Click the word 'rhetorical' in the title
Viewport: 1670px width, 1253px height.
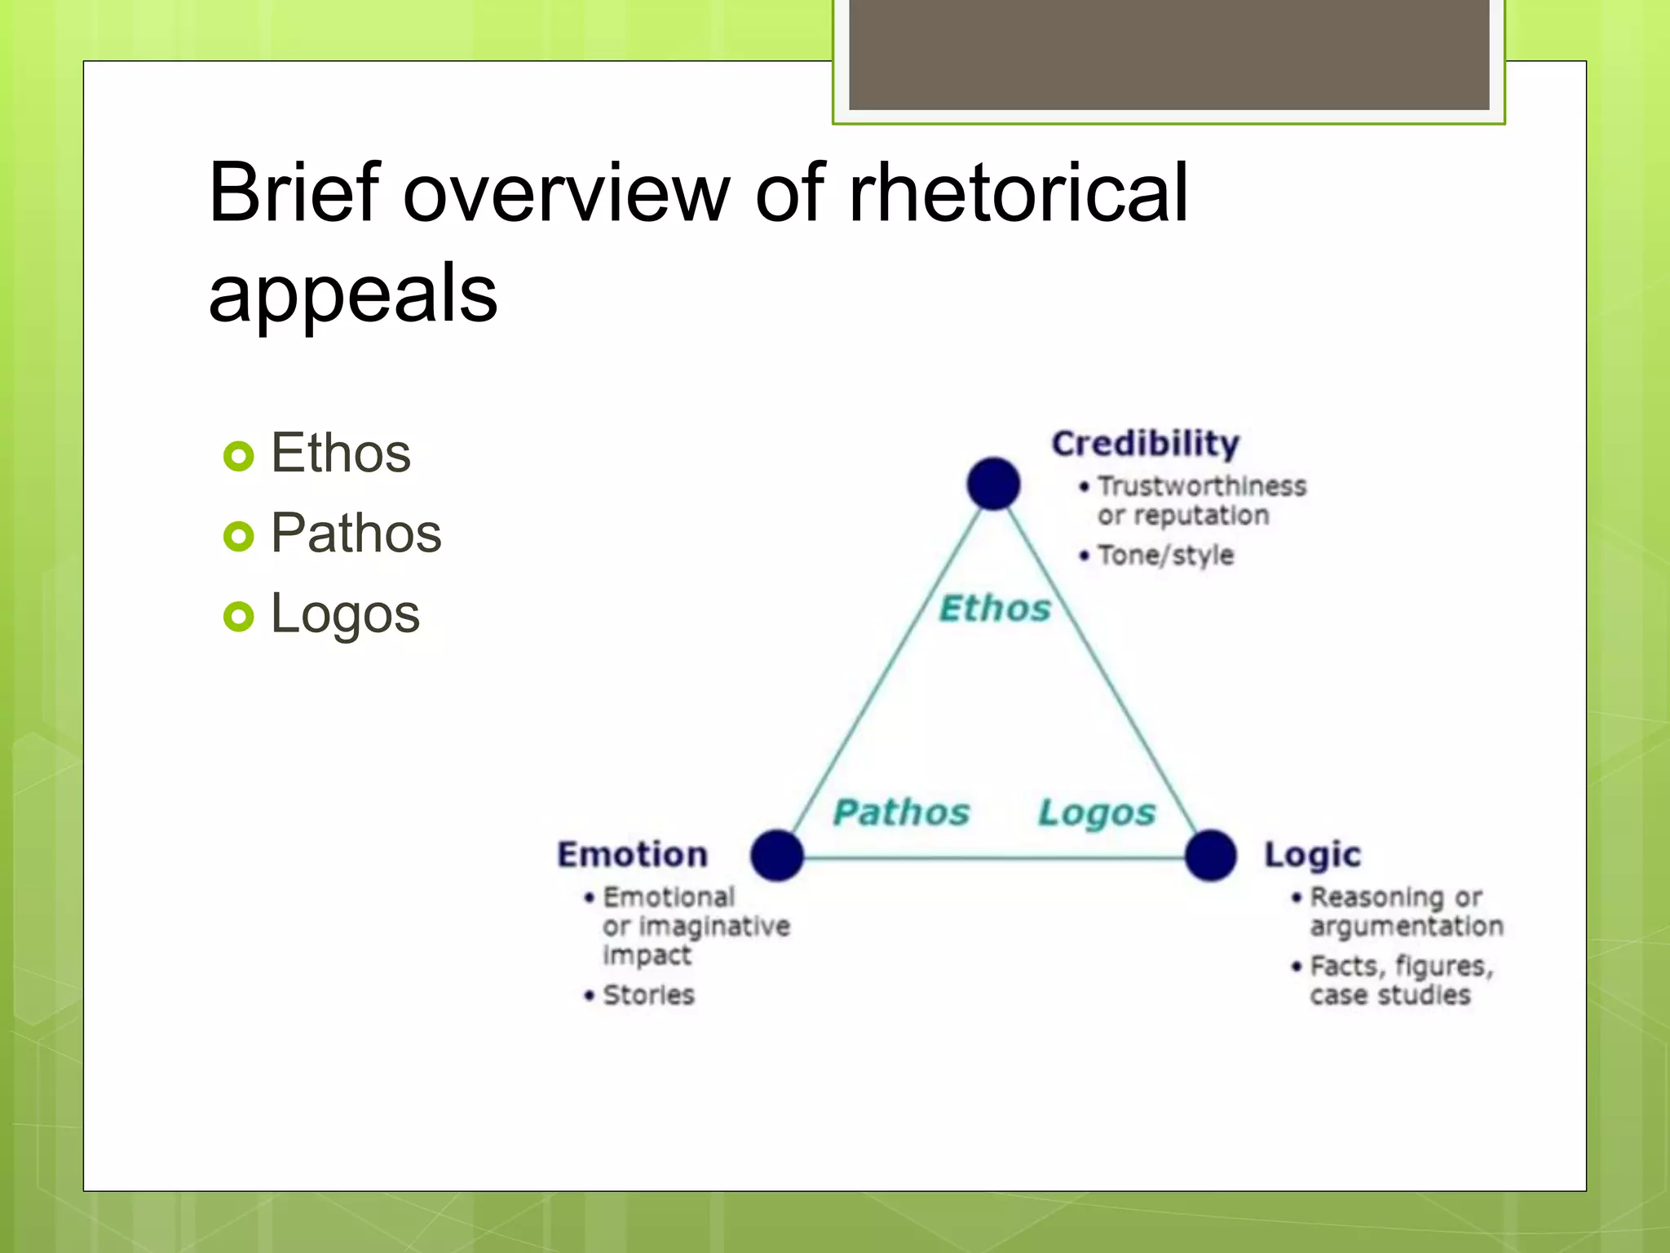pyautogui.click(x=1018, y=193)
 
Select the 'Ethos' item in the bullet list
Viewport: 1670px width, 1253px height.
pyautogui.click(x=341, y=453)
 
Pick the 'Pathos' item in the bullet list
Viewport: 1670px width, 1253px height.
pyautogui.click(x=356, y=533)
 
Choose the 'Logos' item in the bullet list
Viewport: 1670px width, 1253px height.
pyautogui.click(x=345, y=613)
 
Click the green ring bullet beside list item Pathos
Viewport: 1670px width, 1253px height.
pyautogui.click(x=239, y=536)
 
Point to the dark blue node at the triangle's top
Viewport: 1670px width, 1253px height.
pyautogui.click(x=993, y=484)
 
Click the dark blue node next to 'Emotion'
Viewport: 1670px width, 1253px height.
pyautogui.click(x=777, y=855)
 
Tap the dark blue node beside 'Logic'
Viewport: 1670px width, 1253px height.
pyautogui.click(x=1211, y=855)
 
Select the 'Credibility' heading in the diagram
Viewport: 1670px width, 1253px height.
pyautogui.click(x=1145, y=444)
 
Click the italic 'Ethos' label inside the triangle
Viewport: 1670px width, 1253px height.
pyautogui.click(x=995, y=609)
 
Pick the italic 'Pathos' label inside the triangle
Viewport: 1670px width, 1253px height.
pyautogui.click(x=901, y=812)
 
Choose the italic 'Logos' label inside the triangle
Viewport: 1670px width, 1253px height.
pyautogui.click(x=1097, y=812)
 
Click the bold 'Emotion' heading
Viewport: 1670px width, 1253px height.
pyautogui.click(x=633, y=855)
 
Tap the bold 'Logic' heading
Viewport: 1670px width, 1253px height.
pyautogui.click(x=1313, y=855)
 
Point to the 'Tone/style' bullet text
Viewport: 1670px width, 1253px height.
pyautogui.click(x=1165, y=556)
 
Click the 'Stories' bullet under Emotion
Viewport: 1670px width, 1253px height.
pyautogui.click(x=648, y=995)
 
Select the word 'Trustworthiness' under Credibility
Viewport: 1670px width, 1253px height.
pyautogui.click(x=1202, y=486)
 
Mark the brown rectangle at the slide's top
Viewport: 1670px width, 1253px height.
pyautogui.click(x=1169, y=54)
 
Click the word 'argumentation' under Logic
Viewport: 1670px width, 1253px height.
pyautogui.click(x=1407, y=927)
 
